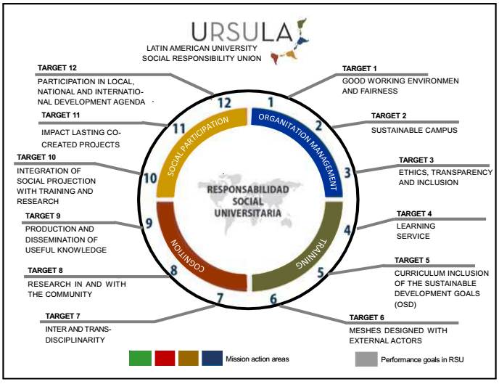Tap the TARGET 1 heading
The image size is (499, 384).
point(360,68)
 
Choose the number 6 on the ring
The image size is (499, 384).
point(273,298)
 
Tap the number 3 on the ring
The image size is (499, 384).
point(348,173)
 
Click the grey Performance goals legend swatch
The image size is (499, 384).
point(369,358)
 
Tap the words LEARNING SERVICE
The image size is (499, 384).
point(417,231)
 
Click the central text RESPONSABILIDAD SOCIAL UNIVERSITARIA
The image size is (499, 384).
point(247,200)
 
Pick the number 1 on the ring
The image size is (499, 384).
point(270,102)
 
